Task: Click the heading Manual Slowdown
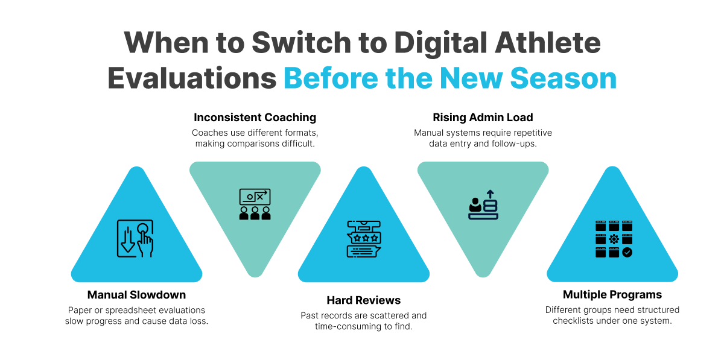coord(136,295)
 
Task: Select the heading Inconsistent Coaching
coord(255,118)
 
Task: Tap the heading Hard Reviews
coord(364,300)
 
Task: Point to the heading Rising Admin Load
coord(483,118)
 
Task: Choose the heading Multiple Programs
coord(612,295)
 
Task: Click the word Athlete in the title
coord(548,42)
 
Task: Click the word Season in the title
coord(564,78)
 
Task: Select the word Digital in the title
coord(440,43)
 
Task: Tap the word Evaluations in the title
coord(192,78)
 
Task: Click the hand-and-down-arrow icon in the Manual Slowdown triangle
coord(135,238)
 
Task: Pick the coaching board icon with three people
coord(255,204)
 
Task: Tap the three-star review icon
coord(364,239)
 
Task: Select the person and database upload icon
coord(483,204)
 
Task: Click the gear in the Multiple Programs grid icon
coord(614,239)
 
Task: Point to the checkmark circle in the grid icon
coord(627,252)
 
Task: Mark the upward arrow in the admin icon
coord(491,194)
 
